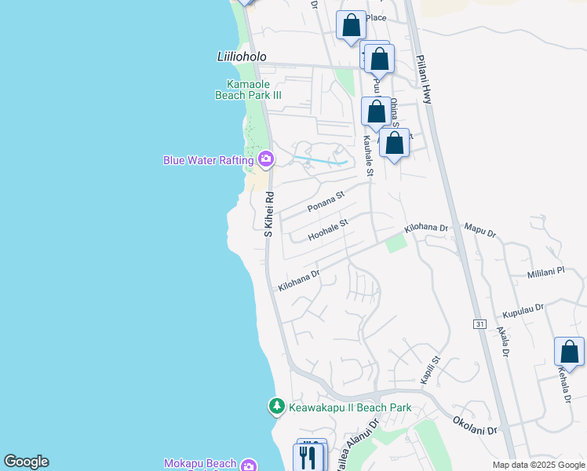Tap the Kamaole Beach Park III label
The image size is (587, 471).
pyautogui.click(x=248, y=89)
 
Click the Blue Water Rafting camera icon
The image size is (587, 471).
pyautogui.click(x=266, y=160)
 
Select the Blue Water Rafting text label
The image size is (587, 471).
pyautogui.click(x=209, y=160)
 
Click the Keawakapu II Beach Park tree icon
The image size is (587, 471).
pyautogui.click(x=276, y=407)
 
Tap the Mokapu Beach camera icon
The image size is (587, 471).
pyautogui.click(x=249, y=465)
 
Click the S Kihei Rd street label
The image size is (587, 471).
pyautogui.click(x=268, y=214)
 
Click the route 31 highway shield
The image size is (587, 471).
pyautogui.click(x=479, y=323)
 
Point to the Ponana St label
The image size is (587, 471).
pyautogui.click(x=326, y=202)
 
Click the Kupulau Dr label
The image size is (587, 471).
pyautogui.click(x=523, y=309)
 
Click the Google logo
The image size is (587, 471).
pyautogui.click(x=26, y=462)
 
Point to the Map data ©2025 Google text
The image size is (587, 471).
pyautogui.click(x=538, y=465)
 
